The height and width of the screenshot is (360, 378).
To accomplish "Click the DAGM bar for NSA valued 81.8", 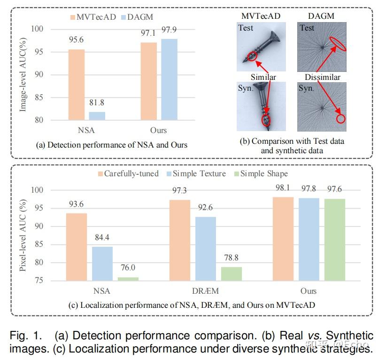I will pyautogui.click(x=97, y=116).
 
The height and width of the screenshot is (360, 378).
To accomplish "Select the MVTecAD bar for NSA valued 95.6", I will pyautogui.click(x=76, y=85).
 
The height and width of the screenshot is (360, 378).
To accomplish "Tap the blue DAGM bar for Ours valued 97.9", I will pyautogui.click(x=170, y=79).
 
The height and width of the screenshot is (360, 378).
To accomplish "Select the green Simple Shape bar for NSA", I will pyautogui.click(x=128, y=279).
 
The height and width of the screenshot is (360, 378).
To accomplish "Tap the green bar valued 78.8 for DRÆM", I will pyautogui.click(x=231, y=274).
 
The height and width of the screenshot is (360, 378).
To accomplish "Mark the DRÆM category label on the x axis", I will pyautogui.click(x=205, y=291).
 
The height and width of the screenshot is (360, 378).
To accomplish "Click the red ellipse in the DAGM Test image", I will pyautogui.click(x=339, y=43).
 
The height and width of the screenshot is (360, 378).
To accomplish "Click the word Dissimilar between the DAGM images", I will pyautogui.click(x=322, y=77).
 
